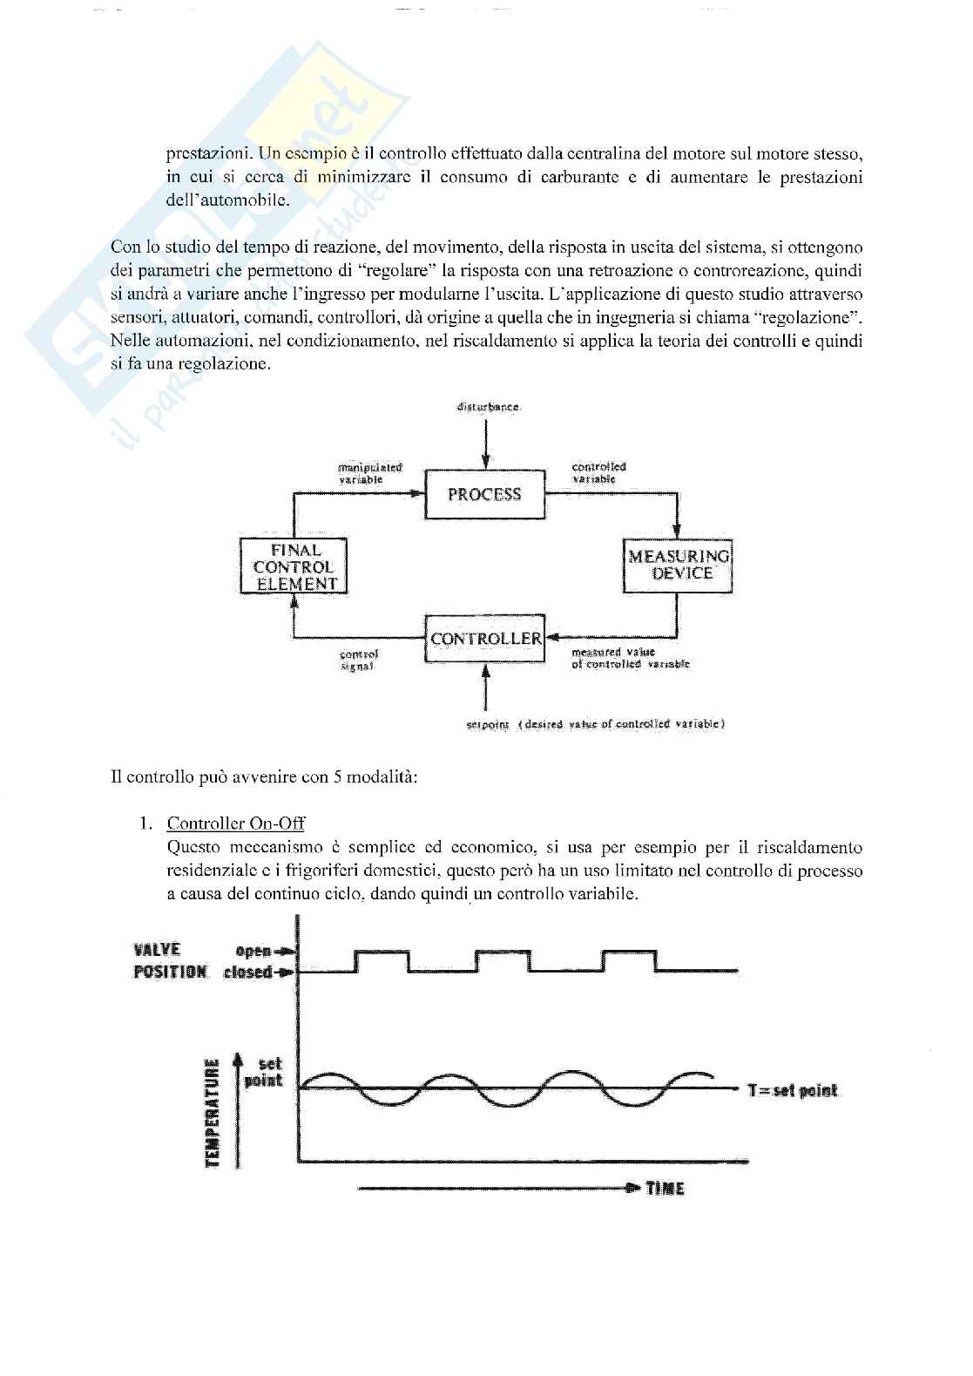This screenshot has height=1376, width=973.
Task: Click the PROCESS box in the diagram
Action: click(x=484, y=494)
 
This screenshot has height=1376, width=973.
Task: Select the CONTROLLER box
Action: click(x=485, y=638)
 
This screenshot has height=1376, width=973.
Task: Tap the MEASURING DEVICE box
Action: click(x=678, y=565)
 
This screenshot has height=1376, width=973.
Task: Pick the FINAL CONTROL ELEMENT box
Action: click(x=294, y=566)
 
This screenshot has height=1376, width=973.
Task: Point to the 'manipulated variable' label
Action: click(x=370, y=473)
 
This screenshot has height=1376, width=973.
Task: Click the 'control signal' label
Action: click(x=358, y=660)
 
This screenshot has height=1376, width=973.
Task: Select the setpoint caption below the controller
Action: click(x=597, y=723)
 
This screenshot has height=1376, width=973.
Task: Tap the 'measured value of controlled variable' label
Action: click(x=629, y=658)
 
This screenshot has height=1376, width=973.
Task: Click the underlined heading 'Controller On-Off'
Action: click(x=235, y=824)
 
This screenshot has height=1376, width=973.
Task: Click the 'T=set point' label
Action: click(x=792, y=1090)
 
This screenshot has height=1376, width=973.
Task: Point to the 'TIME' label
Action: click(x=665, y=1188)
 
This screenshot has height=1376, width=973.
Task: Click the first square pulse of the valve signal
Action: click(x=382, y=960)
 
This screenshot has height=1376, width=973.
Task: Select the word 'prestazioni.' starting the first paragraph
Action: click(x=204, y=153)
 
